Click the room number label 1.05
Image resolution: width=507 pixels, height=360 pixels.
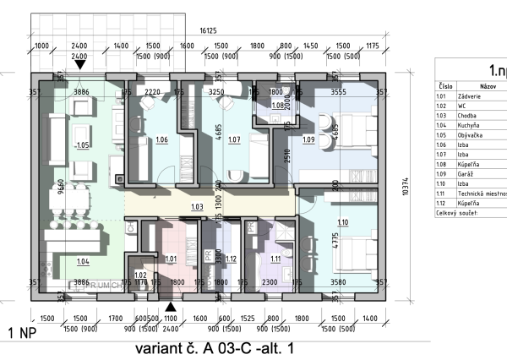[83, 145]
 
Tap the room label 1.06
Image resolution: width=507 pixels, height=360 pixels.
[161, 139]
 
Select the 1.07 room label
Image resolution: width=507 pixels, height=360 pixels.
[234, 139]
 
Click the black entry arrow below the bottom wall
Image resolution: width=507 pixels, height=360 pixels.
[172, 308]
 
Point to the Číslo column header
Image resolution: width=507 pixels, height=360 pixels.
[444, 86]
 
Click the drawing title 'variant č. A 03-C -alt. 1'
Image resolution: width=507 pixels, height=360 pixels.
[216, 346]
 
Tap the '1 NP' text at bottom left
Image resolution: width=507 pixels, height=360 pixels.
[22, 333]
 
